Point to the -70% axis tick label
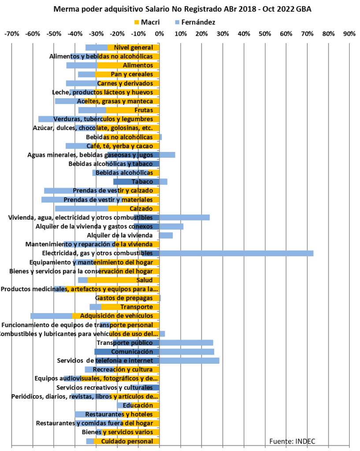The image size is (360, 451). [x=11, y=33]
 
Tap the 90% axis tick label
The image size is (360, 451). [x=349, y=33]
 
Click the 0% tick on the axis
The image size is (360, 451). [x=160, y=33]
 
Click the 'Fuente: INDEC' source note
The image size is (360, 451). [x=292, y=441]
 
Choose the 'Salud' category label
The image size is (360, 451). [x=145, y=280]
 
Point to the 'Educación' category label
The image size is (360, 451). [x=138, y=405]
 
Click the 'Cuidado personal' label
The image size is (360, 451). [x=127, y=441]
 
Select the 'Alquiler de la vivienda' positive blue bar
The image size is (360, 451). [x=166, y=235]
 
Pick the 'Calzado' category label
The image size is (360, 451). [x=141, y=208]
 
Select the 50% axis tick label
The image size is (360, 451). [x=265, y=33]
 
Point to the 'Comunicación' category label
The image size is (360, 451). [x=132, y=351]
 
